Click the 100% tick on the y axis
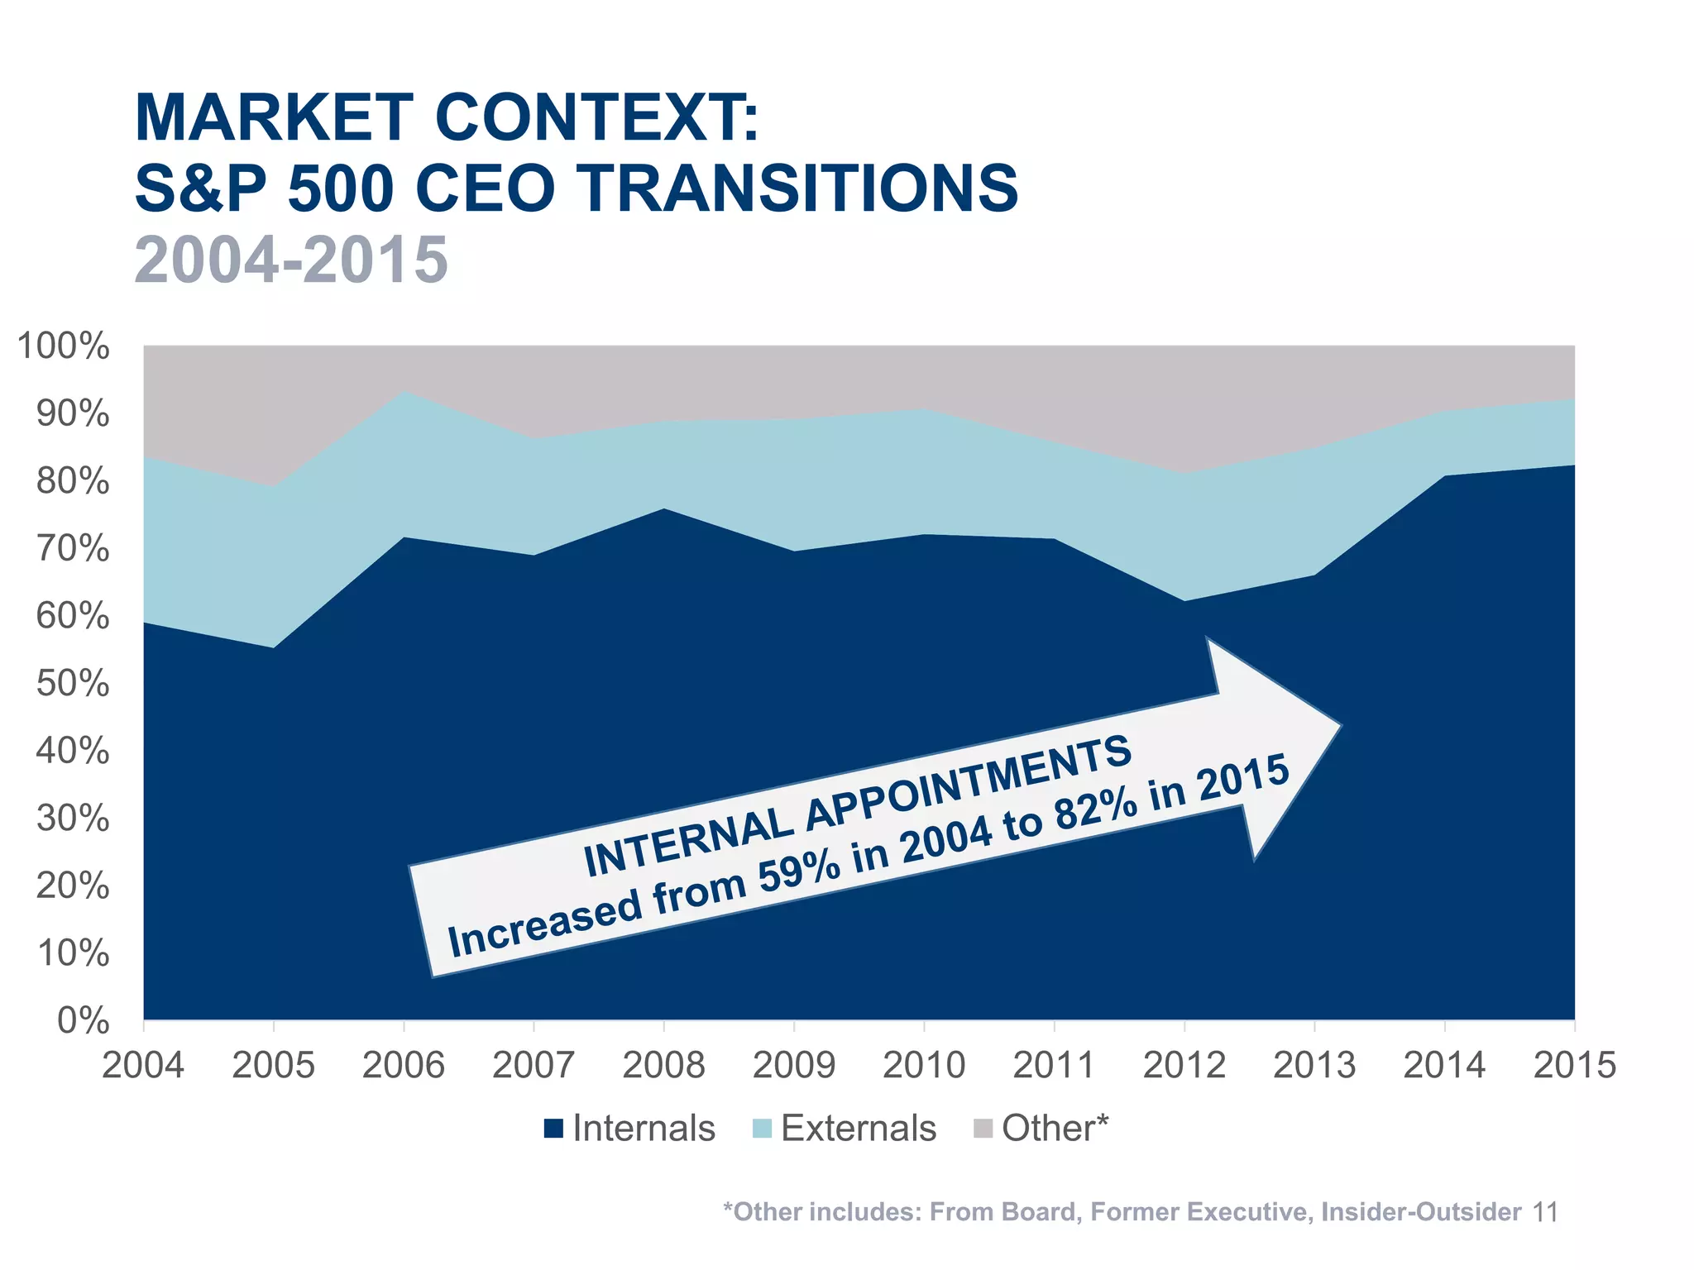click(x=63, y=346)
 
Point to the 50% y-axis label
click(x=72, y=684)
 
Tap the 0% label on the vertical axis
click(x=83, y=1021)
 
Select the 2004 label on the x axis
click(x=143, y=1065)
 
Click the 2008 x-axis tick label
click(x=663, y=1065)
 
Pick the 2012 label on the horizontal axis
click(x=1184, y=1065)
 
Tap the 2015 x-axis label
click(x=1574, y=1065)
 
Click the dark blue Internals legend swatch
click(x=553, y=1129)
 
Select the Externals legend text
click(x=858, y=1129)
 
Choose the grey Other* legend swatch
click(x=983, y=1129)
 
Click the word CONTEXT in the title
click(x=596, y=117)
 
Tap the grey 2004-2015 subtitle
click(x=291, y=260)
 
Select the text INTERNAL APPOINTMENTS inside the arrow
click(x=857, y=806)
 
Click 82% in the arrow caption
click(x=1096, y=814)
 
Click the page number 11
click(x=1545, y=1212)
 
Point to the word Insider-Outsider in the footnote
click(x=1420, y=1212)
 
